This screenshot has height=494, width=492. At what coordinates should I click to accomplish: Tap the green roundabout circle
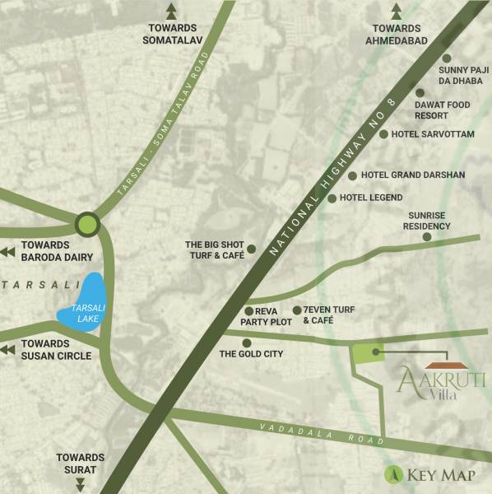(x=86, y=223)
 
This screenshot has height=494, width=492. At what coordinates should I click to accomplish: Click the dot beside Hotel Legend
(x=332, y=198)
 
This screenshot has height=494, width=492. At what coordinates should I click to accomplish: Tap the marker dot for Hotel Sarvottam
(x=383, y=133)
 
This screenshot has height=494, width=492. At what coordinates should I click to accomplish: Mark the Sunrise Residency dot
(x=427, y=237)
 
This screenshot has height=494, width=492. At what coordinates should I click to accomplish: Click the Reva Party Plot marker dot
(x=248, y=310)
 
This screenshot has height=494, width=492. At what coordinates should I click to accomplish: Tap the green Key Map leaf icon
(x=394, y=474)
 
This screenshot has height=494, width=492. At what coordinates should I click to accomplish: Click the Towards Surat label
(x=81, y=464)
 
